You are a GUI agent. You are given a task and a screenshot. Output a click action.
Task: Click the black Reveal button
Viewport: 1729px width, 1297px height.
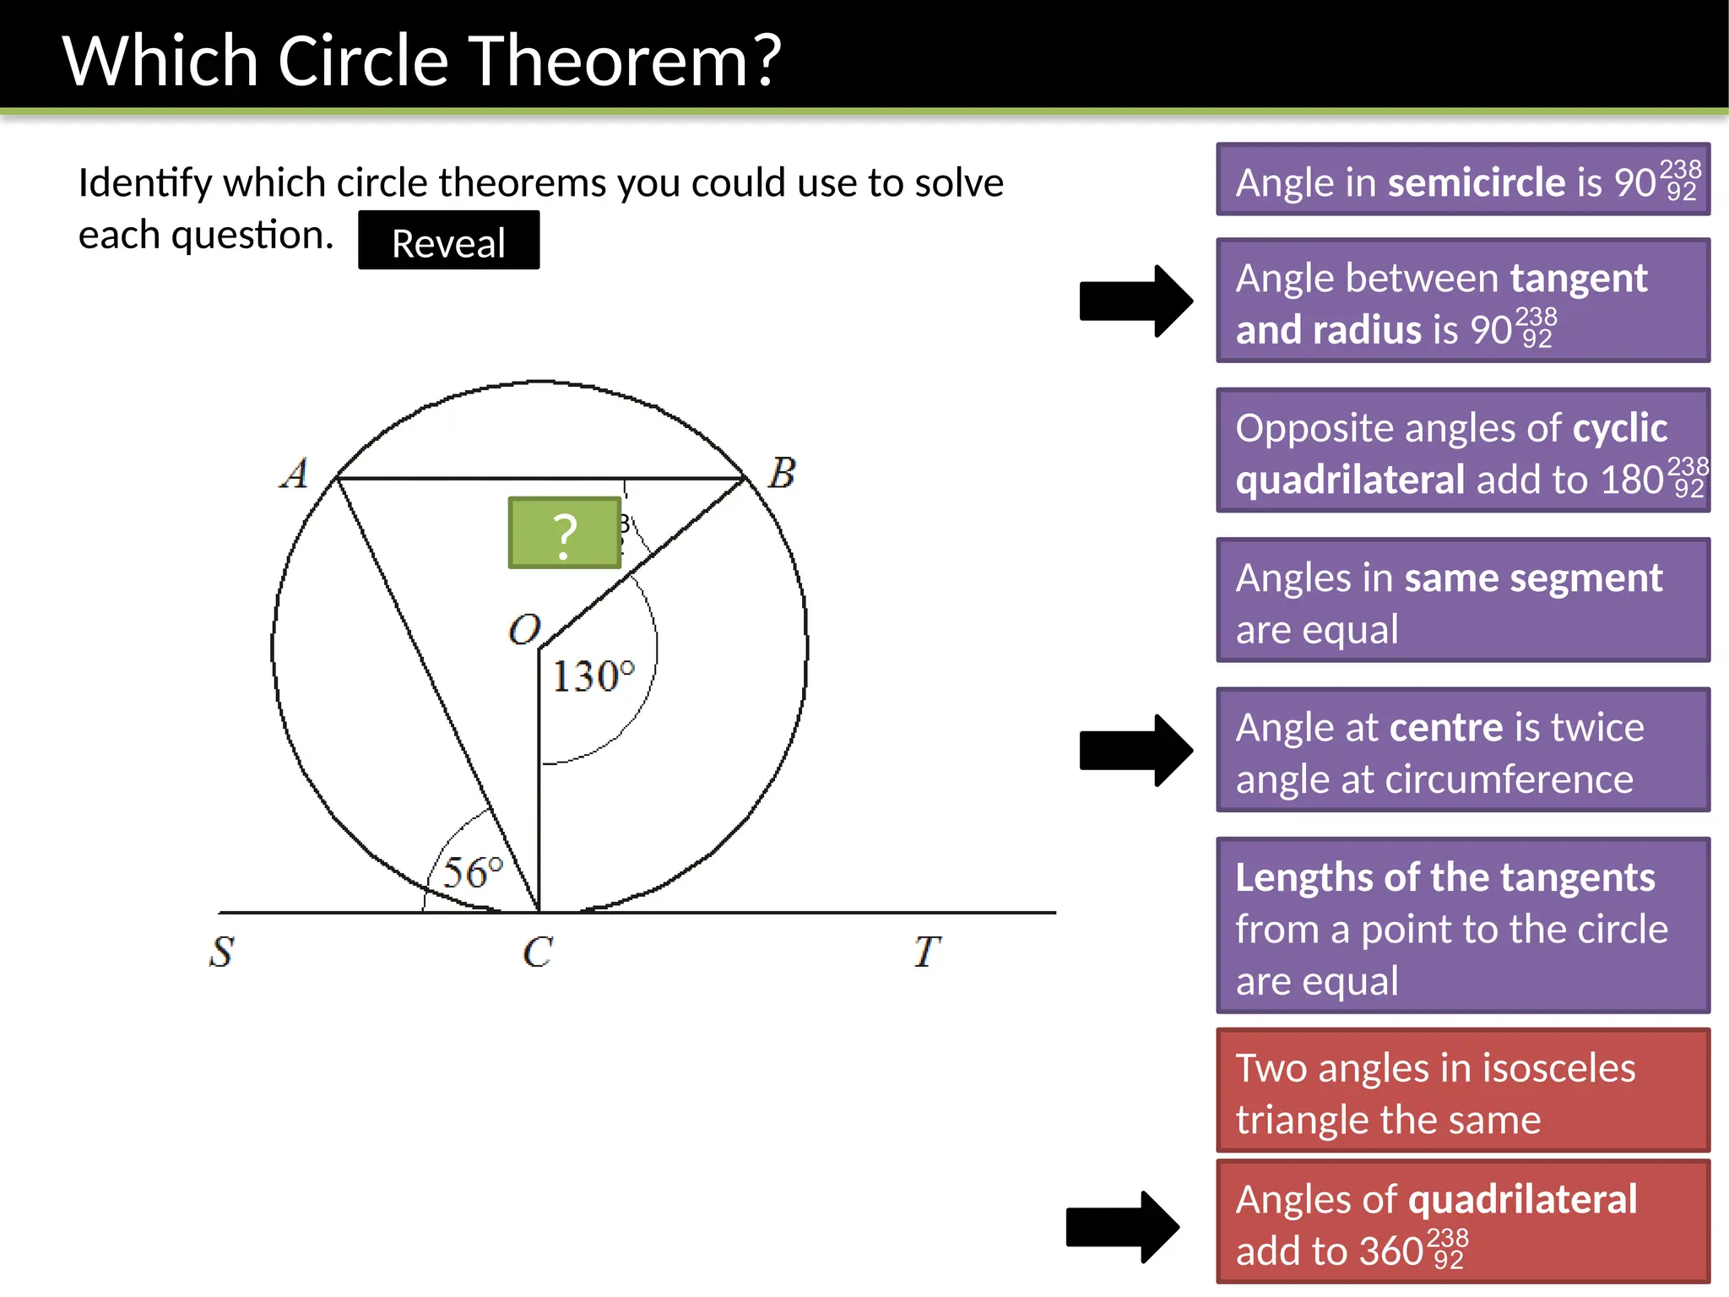click(x=448, y=241)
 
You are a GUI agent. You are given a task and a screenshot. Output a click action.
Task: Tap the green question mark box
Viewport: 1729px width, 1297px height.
click(x=564, y=533)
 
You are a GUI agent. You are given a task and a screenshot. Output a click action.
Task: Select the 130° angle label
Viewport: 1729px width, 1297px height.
click(x=593, y=676)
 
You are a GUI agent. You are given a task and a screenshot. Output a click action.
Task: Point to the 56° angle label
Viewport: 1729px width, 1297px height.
click(x=473, y=872)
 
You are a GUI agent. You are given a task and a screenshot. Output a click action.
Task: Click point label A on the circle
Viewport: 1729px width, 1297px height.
click(x=295, y=474)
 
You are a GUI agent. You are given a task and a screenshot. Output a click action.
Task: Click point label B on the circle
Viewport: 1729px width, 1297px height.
click(x=782, y=473)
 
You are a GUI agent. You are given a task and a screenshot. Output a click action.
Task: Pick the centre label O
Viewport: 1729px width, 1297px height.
click(x=524, y=630)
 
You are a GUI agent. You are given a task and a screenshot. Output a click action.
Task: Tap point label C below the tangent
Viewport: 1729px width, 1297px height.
click(x=538, y=952)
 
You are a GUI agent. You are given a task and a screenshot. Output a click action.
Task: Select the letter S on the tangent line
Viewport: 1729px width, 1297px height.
click(x=221, y=952)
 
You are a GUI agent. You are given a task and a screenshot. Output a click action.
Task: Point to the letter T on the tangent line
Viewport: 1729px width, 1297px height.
click(x=926, y=952)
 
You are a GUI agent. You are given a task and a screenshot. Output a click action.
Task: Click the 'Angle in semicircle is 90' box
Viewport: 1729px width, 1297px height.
click(x=1462, y=180)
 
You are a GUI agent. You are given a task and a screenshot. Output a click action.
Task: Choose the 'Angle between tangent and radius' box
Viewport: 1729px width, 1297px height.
click(x=1462, y=301)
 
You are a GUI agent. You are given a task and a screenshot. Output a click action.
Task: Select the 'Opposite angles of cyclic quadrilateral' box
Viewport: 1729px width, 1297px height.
click(x=1462, y=451)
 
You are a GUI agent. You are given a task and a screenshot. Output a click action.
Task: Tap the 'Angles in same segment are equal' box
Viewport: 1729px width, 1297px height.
click(x=1462, y=600)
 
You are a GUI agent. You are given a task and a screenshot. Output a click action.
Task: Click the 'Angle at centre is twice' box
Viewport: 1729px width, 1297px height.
click(x=1462, y=751)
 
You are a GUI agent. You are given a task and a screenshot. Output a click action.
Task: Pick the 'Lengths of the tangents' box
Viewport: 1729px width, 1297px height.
click(x=1462, y=925)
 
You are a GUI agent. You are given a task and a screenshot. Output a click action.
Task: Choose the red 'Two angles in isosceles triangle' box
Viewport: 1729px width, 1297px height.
click(x=1462, y=1090)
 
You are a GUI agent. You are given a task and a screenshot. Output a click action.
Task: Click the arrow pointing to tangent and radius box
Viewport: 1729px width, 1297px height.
click(x=1136, y=301)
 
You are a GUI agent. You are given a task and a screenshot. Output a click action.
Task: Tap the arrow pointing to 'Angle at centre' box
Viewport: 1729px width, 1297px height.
click(x=1136, y=751)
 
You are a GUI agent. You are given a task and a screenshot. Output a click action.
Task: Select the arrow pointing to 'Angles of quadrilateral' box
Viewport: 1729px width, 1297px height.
click(x=1122, y=1227)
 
